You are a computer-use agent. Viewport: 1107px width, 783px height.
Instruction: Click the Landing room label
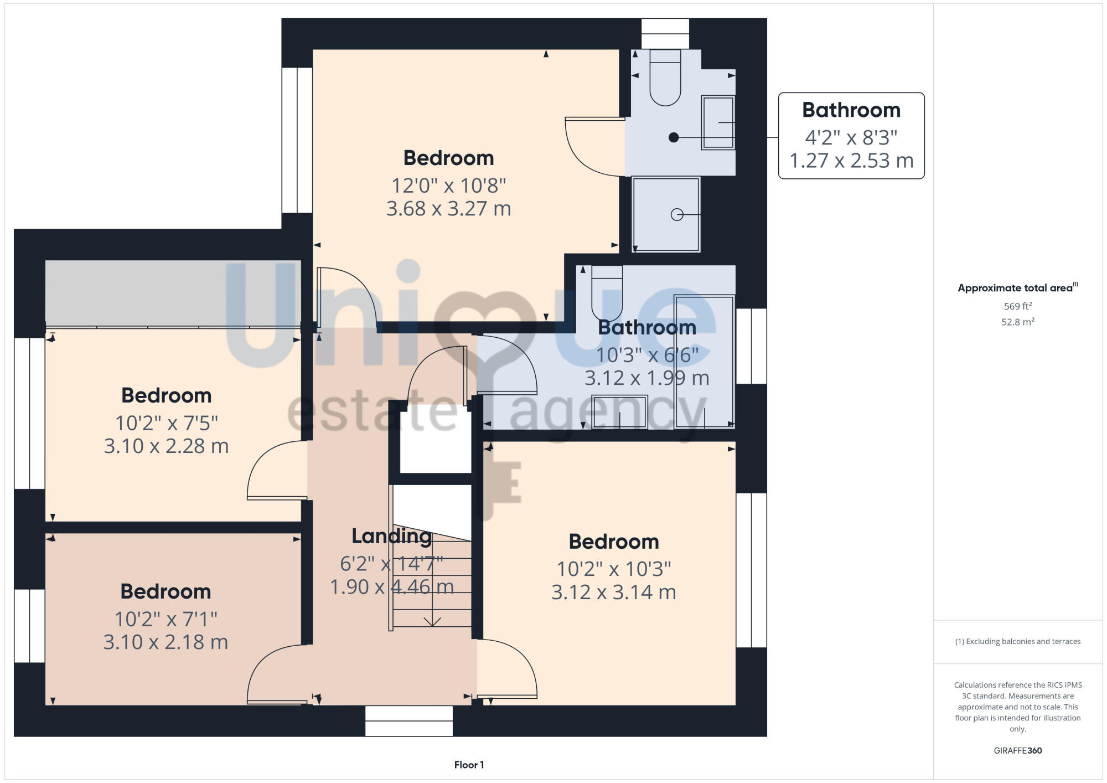(x=391, y=535)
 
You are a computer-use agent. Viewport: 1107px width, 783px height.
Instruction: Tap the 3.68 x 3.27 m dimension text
(x=448, y=209)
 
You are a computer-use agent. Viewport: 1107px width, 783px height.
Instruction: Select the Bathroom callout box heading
(x=851, y=110)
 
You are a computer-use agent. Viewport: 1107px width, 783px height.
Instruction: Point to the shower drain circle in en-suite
(x=677, y=214)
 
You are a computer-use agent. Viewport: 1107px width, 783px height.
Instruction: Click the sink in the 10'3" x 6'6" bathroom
(x=619, y=411)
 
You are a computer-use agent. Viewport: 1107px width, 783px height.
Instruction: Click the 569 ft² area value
(x=1017, y=306)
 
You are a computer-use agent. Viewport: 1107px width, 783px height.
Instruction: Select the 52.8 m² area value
(x=1017, y=322)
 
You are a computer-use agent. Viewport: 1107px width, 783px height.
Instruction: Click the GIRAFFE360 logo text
(x=1017, y=750)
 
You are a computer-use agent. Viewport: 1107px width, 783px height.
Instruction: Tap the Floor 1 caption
(x=469, y=765)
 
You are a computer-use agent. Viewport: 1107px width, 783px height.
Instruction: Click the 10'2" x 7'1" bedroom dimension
(x=165, y=619)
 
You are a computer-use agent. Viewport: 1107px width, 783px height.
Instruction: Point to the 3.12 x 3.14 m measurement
(x=613, y=593)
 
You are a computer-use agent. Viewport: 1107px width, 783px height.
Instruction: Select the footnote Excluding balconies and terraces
(x=1017, y=641)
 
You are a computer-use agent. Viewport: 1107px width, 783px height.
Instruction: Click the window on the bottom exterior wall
(x=408, y=720)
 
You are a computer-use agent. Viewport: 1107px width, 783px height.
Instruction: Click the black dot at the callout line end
(x=674, y=137)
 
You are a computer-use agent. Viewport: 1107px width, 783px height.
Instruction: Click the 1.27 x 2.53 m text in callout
(x=851, y=161)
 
